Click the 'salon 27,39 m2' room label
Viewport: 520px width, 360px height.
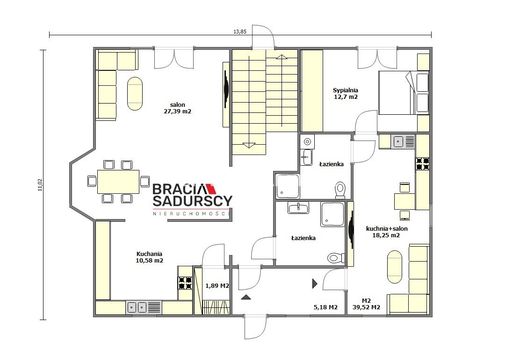pyautogui.click(x=177, y=108)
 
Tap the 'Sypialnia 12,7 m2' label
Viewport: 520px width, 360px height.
pyautogui.click(x=346, y=93)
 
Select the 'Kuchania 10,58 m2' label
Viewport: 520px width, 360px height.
pyautogui.click(x=149, y=257)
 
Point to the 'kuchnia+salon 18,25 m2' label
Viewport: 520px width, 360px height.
pyautogui.click(x=387, y=232)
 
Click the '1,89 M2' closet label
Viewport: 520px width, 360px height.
pyautogui.click(x=217, y=286)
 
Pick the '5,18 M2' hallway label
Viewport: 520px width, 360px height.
pyautogui.click(x=326, y=307)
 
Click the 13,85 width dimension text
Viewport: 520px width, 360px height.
pyautogui.click(x=240, y=32)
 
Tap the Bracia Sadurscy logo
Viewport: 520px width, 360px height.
pyautogui.click(x=192, y=199)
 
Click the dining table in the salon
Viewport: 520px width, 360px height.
pyautogui.click(x=118, y=181)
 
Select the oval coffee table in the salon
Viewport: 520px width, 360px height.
pyautogui.click(x=135, y=94)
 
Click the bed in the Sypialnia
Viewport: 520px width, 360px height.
pyautogui.click(x=403, y=93)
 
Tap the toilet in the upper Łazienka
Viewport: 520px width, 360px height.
pyautogui.click(x=340, y=190)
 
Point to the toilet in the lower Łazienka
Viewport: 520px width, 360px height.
pyautogui.click(x=336, y=258)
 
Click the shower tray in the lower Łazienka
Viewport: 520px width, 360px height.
pyautogui.click(x=332, y=214)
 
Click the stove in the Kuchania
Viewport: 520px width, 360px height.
pyautogui.click(x=185, y=283)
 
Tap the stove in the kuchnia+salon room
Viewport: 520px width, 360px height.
pyautogui.click(x=422, y=164)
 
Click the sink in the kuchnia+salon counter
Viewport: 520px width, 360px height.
pyautogui.click(x=403, y=142)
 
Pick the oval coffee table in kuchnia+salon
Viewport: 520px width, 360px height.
pyautogui.click(x=395, y=267)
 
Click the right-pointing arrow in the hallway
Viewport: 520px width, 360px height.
pyautogui.click(x=314, y=283)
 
